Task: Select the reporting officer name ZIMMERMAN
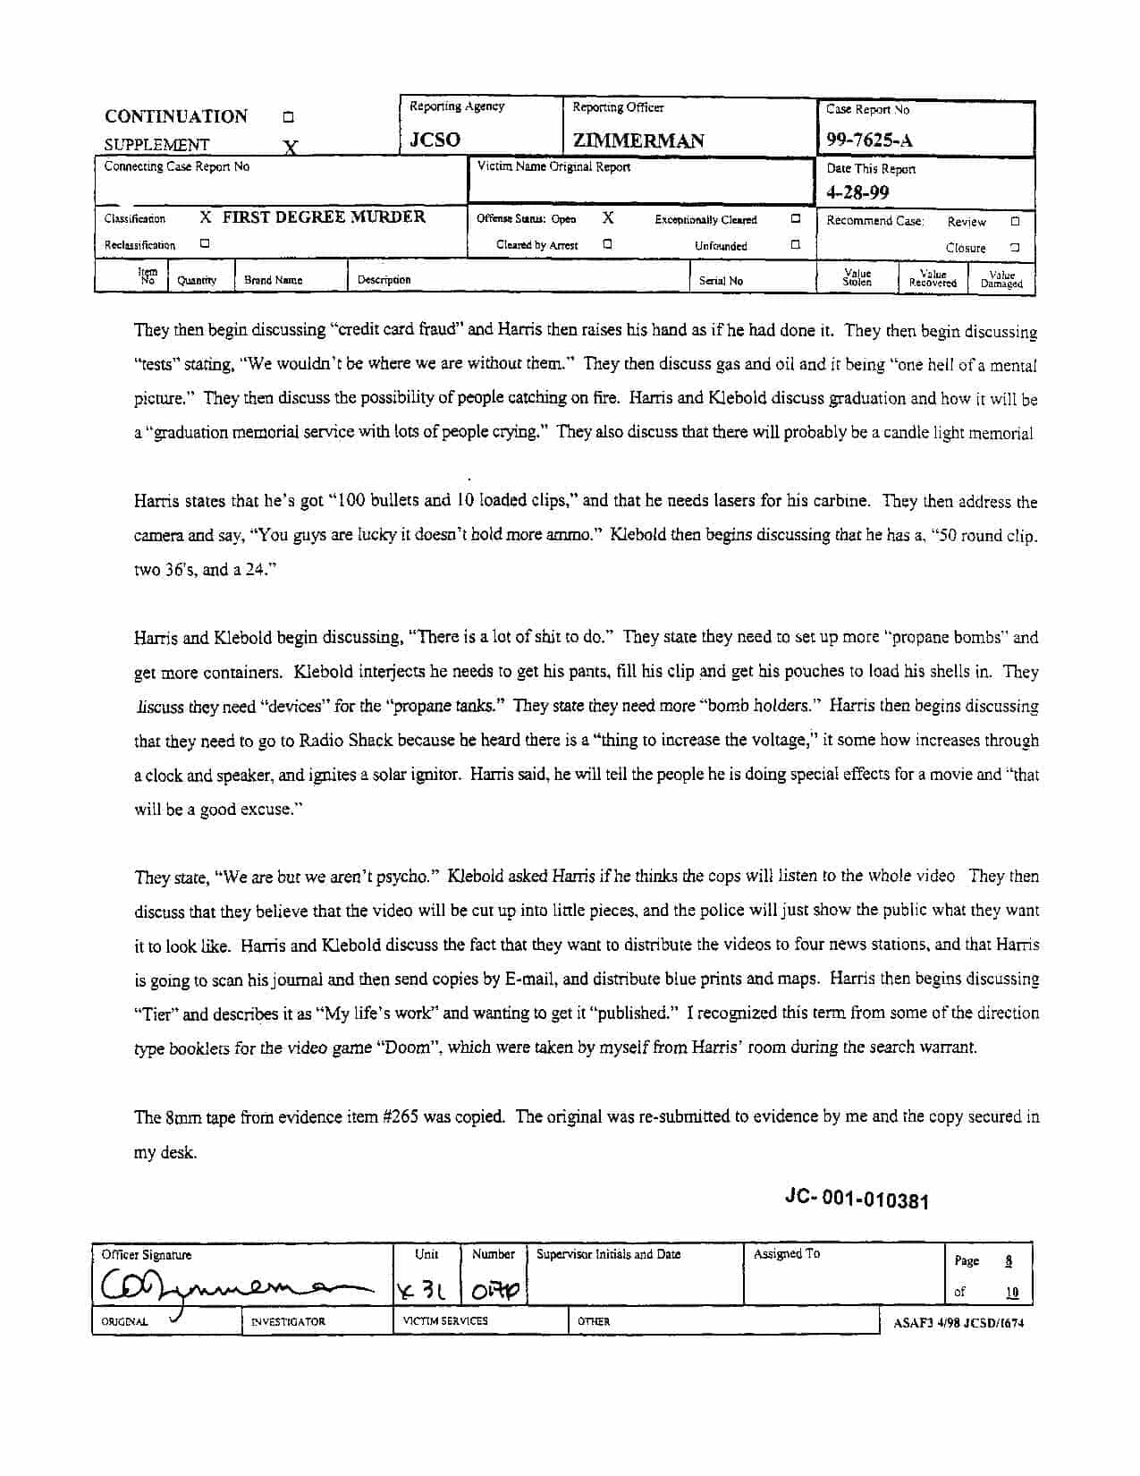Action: pyautogui.click(x=638, y=140)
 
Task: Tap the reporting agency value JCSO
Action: pyautogui.click(x=435, y=140)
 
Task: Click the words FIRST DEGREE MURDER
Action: pyautogui.click(x=324, y=216)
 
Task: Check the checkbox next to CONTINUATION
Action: pyautogui.click(x=288, y=117)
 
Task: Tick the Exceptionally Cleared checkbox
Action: pyautogui.click(x=795, y=218)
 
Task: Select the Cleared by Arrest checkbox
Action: pyautogui.click(x=607, y=243)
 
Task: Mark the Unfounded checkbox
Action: pyautogui.click(x=795, y=244)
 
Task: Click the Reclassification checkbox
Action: pyautogui.click(x=205, y=243)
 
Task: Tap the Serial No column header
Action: pyautogui.click(x=721, y=281)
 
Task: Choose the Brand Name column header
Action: pyautogui.click(x=274, y=280)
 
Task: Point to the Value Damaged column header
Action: pyautogui.click(x=1001, y=280)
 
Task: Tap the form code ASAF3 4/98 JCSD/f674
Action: pyautogui.click(x=958, y=1323)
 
